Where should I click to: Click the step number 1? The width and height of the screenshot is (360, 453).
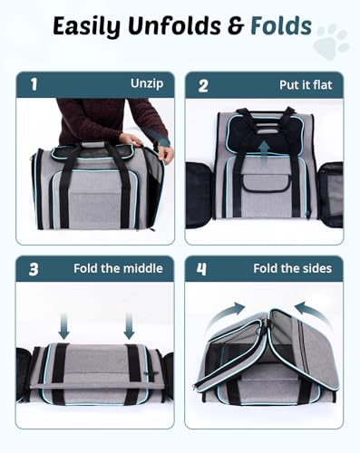click(34, 84)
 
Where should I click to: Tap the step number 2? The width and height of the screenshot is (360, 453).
click(204, 84)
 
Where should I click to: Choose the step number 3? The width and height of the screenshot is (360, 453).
click(34, 268)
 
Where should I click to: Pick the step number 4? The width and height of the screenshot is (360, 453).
click(204, 268)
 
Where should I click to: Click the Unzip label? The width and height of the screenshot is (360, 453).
click(146, 84)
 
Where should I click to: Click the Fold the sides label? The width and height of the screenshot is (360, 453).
click(292, 268)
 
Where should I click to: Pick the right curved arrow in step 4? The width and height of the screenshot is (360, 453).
click(308, 311)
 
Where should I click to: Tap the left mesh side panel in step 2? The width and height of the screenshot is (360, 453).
click(199, 194)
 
